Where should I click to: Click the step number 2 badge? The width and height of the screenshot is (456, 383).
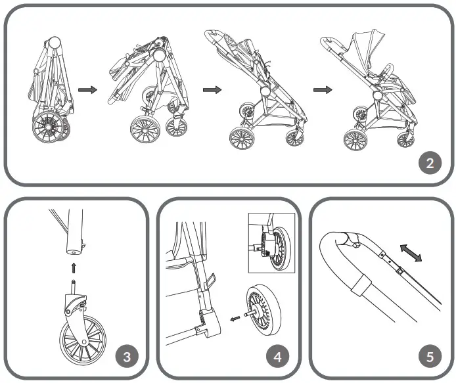[430, 163]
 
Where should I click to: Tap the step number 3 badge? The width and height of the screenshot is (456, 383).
[126, 357]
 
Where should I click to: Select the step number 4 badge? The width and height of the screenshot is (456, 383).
[278, 357]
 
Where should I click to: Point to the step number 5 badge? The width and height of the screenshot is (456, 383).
[430, 357]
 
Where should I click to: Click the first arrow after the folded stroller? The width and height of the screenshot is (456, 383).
[87, 89]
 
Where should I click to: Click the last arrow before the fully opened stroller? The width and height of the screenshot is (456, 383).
[321, 89]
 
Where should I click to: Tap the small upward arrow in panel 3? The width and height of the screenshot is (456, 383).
[74, 267]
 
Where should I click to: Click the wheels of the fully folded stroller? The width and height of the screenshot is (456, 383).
[49, 127]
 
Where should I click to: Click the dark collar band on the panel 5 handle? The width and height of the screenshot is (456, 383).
[359, 283]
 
